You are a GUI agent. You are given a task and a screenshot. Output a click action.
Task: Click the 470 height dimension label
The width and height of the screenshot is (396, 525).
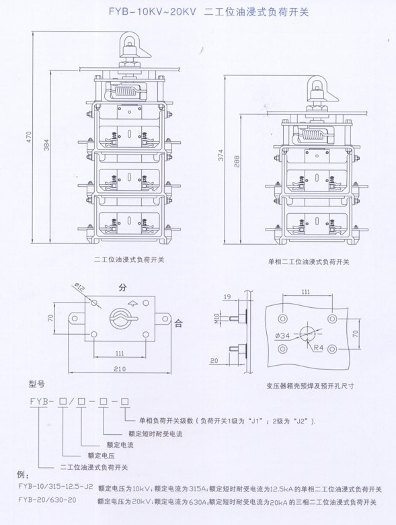pyautogui.click(x=29, y=137)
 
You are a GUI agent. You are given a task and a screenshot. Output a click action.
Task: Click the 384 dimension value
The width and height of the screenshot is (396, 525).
pyautogui.click(x=46, y=145)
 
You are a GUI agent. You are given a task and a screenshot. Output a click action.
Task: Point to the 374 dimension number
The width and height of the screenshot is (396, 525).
pyautogui.click(x=221, y=155)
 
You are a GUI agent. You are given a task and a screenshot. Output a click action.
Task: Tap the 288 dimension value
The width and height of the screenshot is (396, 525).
pyautogui.click(x=237, y=161)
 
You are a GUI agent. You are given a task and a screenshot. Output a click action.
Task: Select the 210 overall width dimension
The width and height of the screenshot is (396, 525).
pyautogui.click(x=120, y=369)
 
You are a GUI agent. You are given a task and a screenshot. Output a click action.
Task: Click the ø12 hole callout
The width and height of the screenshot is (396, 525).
pyautogui.click(x=79, y=286)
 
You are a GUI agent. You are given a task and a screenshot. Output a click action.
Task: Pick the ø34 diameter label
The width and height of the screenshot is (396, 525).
pyautogui.click(x=283, y=335)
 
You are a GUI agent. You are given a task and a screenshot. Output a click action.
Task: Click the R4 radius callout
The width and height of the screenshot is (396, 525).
pyautogui.click(x=318, y=348)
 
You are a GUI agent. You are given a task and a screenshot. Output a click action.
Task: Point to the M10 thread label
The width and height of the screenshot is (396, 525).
pyautogui.click(x=216, y=318)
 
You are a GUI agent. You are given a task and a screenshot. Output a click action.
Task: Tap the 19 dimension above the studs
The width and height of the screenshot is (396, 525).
pyautogui.click(x=227, y=296)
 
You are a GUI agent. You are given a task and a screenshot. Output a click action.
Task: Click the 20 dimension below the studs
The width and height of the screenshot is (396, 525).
pyautogui.click(x=214, y=360)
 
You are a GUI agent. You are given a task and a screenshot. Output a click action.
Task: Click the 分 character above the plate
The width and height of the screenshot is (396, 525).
pyautogui.click(x=123, y=287)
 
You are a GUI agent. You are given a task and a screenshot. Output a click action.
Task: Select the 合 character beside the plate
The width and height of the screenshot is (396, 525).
pyautogui.click(x=178, y=323)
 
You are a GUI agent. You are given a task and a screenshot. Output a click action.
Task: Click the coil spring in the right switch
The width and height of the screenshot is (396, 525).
pyautogui.click(x=314, y=135)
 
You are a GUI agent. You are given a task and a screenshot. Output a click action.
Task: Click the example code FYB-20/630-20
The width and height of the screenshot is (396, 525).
pyautogui.click(x=47, y=500)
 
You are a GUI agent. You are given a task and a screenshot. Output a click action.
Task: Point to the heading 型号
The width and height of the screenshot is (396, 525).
pyautogui.click(x=36, y=384)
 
